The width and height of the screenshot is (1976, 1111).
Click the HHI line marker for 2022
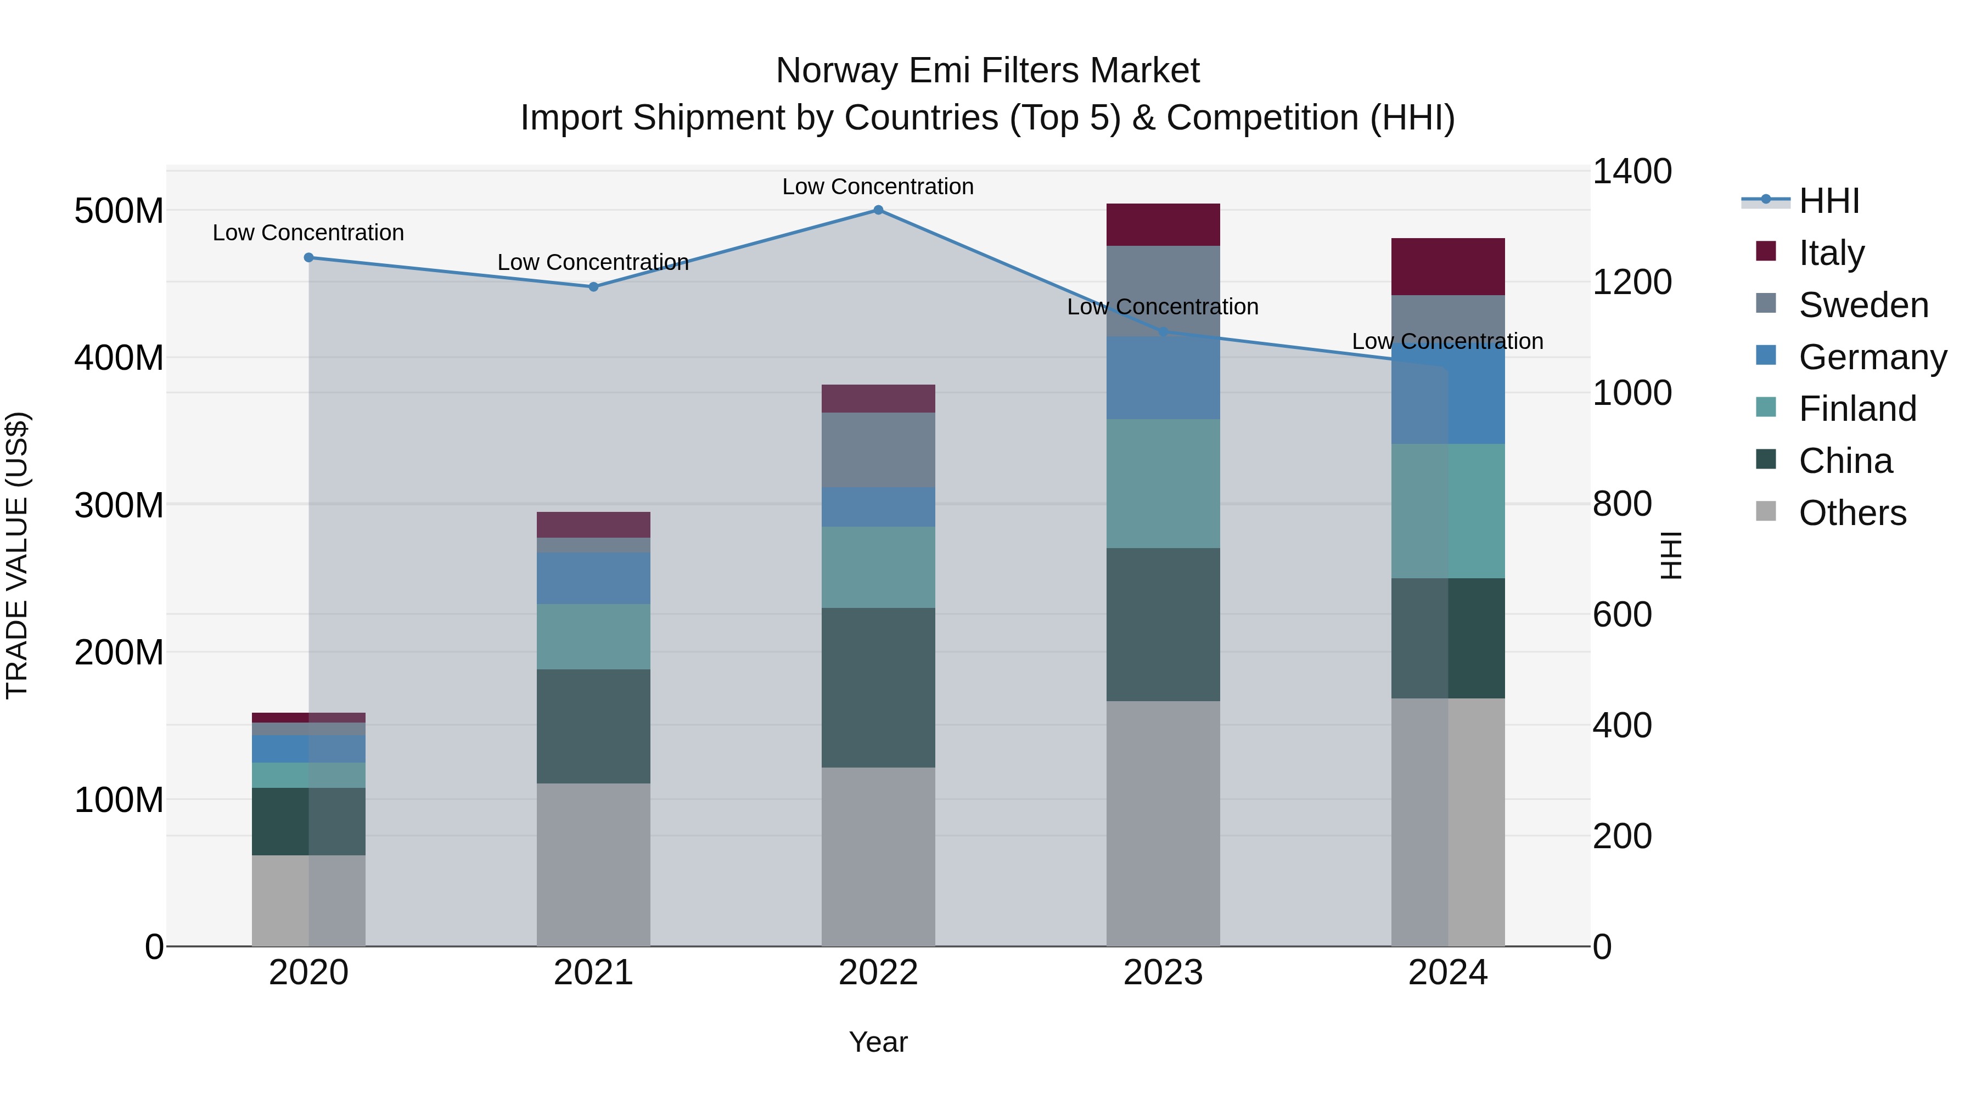click(878, 210)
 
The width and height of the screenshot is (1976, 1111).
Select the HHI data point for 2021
click(593, 287)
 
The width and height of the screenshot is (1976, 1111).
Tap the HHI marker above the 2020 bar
click(308, 258)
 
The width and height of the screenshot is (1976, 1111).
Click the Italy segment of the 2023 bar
click(1163, 224)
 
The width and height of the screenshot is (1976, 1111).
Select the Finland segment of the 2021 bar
click(593, 636)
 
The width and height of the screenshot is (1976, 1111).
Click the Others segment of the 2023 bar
click(1163, 823)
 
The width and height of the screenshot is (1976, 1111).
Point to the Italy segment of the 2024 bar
click(1447, 267)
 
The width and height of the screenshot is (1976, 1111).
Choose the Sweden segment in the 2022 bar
click(878, 450)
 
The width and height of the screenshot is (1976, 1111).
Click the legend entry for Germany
click(1872, 357)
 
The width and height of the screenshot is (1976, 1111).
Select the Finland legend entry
click(1856, 409)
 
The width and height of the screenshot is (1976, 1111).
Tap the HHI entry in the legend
click(1829, 201)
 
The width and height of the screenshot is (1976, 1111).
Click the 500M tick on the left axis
click(119, 211)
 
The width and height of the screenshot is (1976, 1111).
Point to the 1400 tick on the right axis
click(1632, 172)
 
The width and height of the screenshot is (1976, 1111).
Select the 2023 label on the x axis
click(1163, 973)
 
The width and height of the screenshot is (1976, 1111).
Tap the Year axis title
click(878, 1042)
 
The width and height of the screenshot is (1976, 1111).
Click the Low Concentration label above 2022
click(878, 187)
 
